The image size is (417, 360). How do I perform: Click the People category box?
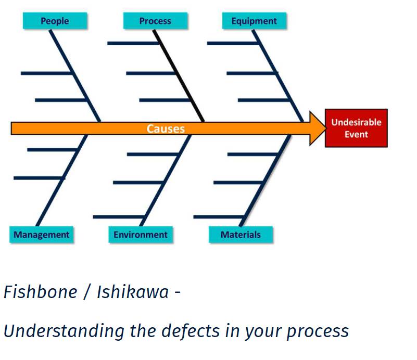pos(55,21)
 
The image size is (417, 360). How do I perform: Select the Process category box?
pos(155,21)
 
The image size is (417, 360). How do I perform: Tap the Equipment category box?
pos(254,21)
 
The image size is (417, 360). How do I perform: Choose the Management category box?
pos(41,235)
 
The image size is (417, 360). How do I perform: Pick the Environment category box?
pos(141,235)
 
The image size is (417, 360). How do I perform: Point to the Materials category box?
pos(241,235)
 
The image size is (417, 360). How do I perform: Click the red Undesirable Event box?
pos(356,128)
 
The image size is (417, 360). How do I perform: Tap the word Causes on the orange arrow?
pos(166,128)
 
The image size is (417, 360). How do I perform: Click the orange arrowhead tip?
pos(326,128)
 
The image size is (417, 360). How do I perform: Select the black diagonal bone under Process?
pos(179,76)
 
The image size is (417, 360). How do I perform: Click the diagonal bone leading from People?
pos(75,76)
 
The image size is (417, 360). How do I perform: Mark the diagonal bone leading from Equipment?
pos(278,76)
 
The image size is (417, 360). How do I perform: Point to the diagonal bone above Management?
pos(62,181)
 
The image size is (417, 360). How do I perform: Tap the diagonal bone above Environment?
pos(166,181)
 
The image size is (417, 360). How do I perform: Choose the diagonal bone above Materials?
pos(265,181)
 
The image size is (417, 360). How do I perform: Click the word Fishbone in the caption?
pos(41,292)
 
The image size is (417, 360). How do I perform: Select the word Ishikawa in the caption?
pos(133,292)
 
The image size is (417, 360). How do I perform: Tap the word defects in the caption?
pos(191,331)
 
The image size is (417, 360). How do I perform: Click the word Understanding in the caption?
pos(64,331)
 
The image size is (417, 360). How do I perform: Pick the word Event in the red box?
pos(357,134)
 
